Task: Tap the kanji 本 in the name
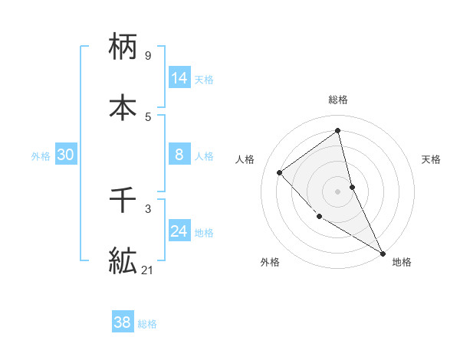click(x=123, y=106)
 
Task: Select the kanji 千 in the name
click(x=123, y=201)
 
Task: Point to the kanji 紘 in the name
click(x=123, y=260)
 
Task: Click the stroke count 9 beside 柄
click(x=147, y=56)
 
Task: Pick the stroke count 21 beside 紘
click(x=148, y=270)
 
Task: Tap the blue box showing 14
click(x=179, y=78)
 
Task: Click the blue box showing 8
click(x=179, y=155)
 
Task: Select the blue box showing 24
click(x=179, y=231)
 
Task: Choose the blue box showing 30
click(x=66, y=155)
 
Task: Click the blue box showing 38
click(x=123, y=322)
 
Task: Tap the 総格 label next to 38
click(x=147, y=324)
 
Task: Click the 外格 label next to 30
click(x=41, y=155)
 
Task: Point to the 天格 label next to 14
click(x=204, y=79)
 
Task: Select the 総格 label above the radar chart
click(x=337, y=100)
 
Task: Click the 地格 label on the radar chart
click(x=402, y=262)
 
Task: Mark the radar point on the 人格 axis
click(x=280, y=172)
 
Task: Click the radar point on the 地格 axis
click(x=383, y=253)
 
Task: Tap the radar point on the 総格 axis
click(x=337, y=130)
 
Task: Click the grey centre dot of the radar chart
click(x=337, y=191)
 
